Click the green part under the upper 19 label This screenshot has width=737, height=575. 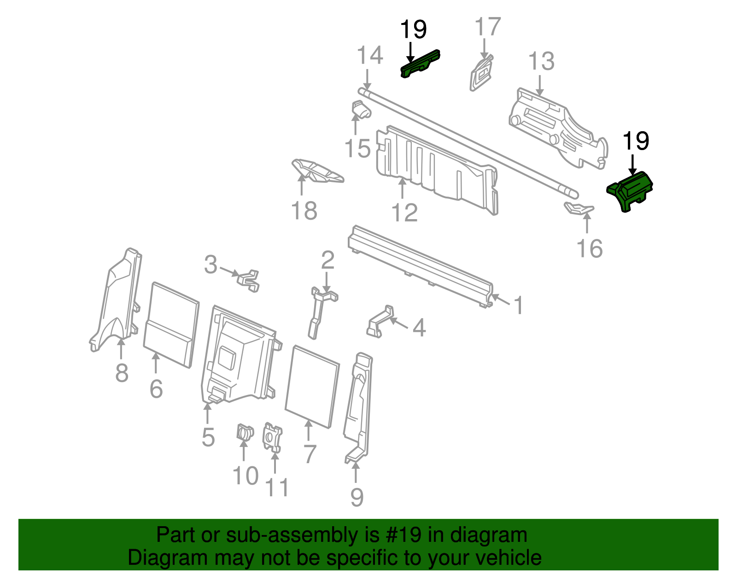click(x=420, y=64)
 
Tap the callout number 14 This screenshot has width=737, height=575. click(x=370, y=56)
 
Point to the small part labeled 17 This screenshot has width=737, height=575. click(x=482, y=73)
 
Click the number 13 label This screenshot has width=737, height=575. click(x=541, y=62)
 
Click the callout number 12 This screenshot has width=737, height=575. click(x=404, y=213)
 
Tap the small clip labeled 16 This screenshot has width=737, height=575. click(x=579, y=209)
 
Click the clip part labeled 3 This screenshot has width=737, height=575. click(x=249, y=279)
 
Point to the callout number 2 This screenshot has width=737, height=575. click(x=328, y=261)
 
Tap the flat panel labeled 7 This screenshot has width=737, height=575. click(x=312, y=386)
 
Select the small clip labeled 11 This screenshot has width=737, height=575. click(x=272, y=437)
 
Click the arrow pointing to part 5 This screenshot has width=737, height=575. click(x=208, y=413)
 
